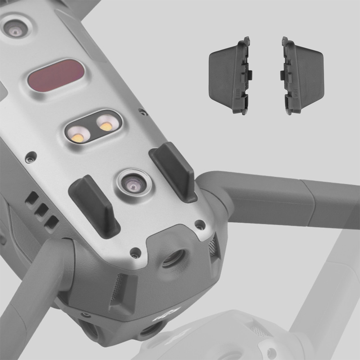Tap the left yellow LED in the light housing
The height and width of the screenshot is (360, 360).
click(x=78, y=138)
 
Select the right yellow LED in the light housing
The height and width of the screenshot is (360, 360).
click(x=106, y=126)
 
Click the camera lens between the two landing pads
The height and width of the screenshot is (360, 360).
click(x=133, y=183)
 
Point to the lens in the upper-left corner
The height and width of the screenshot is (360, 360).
click(x=15, y=32)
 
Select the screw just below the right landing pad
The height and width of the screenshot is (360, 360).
click(x=199, y=225)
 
